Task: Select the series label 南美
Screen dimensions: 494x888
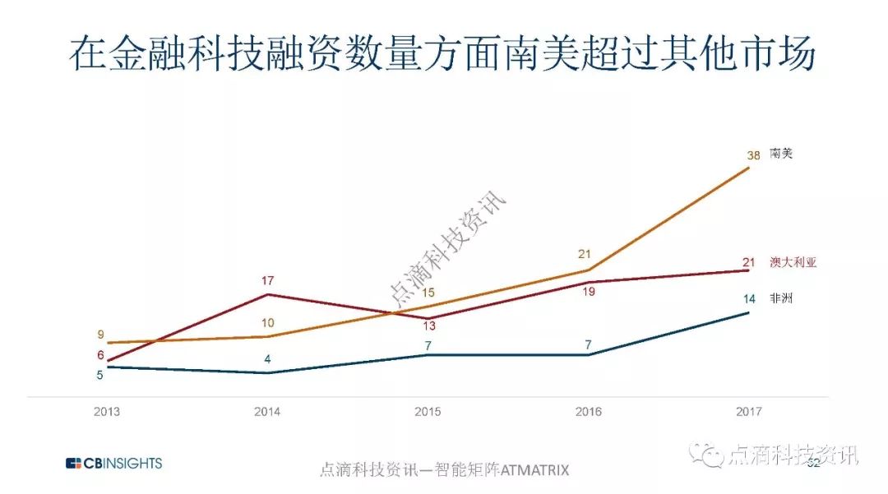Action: (781, 154)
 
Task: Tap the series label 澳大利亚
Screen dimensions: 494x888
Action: (793, 263)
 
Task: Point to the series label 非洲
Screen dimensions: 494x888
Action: (781, 299)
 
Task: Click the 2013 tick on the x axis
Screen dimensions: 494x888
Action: (106, 411)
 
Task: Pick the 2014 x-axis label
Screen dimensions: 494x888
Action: (266, 411)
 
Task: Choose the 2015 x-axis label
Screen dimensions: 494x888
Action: (427, 411)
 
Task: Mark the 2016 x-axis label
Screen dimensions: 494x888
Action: (588, 411)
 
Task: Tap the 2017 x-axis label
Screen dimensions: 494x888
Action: (748, 411)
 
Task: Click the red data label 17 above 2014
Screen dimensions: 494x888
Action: (266, 281)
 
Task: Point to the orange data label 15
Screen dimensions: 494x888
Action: (427, 293)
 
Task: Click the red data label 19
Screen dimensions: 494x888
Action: (589, 292)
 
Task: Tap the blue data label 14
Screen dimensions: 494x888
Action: (748, 299)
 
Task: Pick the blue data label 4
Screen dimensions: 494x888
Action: (267, 359)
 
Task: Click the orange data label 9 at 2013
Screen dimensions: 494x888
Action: (100, 335)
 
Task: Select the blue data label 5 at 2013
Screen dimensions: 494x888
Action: (100, 376)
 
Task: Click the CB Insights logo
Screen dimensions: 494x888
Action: (113, 464)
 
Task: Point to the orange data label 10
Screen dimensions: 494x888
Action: (266, 323)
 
